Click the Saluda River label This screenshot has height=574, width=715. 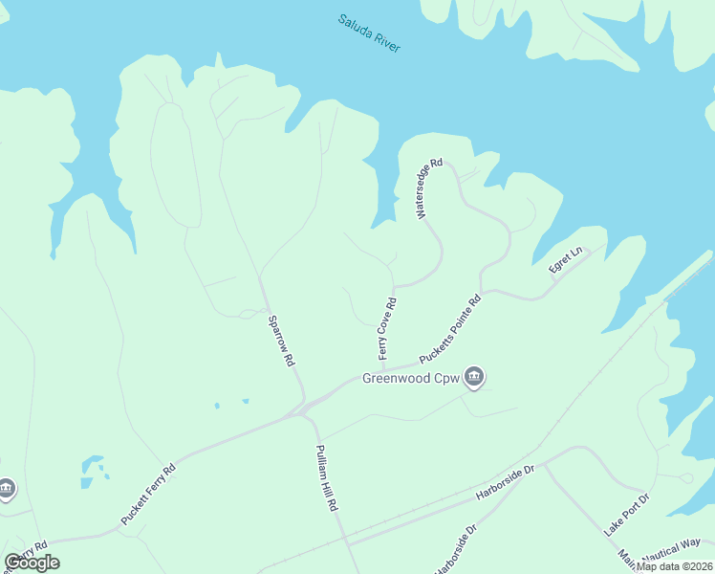pos(369,33)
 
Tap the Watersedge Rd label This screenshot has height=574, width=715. pos(428,189)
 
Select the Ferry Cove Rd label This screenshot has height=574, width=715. pos(387,327)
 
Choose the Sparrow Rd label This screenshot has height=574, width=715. pos(279,342)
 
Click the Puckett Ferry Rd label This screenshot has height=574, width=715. pos(148,494)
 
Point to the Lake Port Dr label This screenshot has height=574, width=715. pos(626,515)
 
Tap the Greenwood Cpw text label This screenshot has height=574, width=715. pos(410,378)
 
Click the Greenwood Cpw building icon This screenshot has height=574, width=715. pos(474,376)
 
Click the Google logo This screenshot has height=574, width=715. pos(32,563)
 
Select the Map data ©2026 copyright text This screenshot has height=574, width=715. pos(674,566)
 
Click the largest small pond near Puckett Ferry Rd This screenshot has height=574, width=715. pos(92,465)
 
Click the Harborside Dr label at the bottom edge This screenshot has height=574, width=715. pos(455,549)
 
